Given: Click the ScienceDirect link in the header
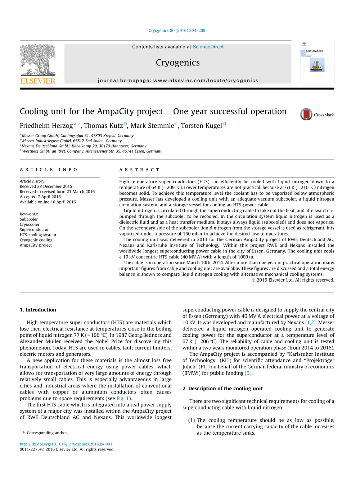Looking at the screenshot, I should pos(208,47).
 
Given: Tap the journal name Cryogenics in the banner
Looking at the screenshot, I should pos(177,63).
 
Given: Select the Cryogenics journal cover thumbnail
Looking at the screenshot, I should pos(317,62).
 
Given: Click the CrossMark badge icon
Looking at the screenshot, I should pos(306,115).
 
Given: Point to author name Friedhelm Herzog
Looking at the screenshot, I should pos(46,126).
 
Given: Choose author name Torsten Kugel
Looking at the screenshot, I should pos(201,126).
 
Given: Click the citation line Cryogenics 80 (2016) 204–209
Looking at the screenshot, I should pos(177,31).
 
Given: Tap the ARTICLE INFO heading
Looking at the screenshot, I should pos(49,170).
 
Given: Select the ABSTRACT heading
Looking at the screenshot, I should pos(139,170).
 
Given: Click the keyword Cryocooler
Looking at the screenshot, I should pos(30,224).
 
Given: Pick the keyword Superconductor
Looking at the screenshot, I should pos(34,230).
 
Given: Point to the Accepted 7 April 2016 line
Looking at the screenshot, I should pos(40,197).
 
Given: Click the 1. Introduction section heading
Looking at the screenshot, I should pos(38,310).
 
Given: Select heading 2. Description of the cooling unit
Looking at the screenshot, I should pos(222,389).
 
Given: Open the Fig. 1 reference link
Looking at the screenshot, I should pos(123,398).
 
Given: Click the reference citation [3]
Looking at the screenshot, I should pos(248,373).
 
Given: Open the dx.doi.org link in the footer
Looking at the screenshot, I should pos(66,444).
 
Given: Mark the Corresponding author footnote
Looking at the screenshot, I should pos(47,433).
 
